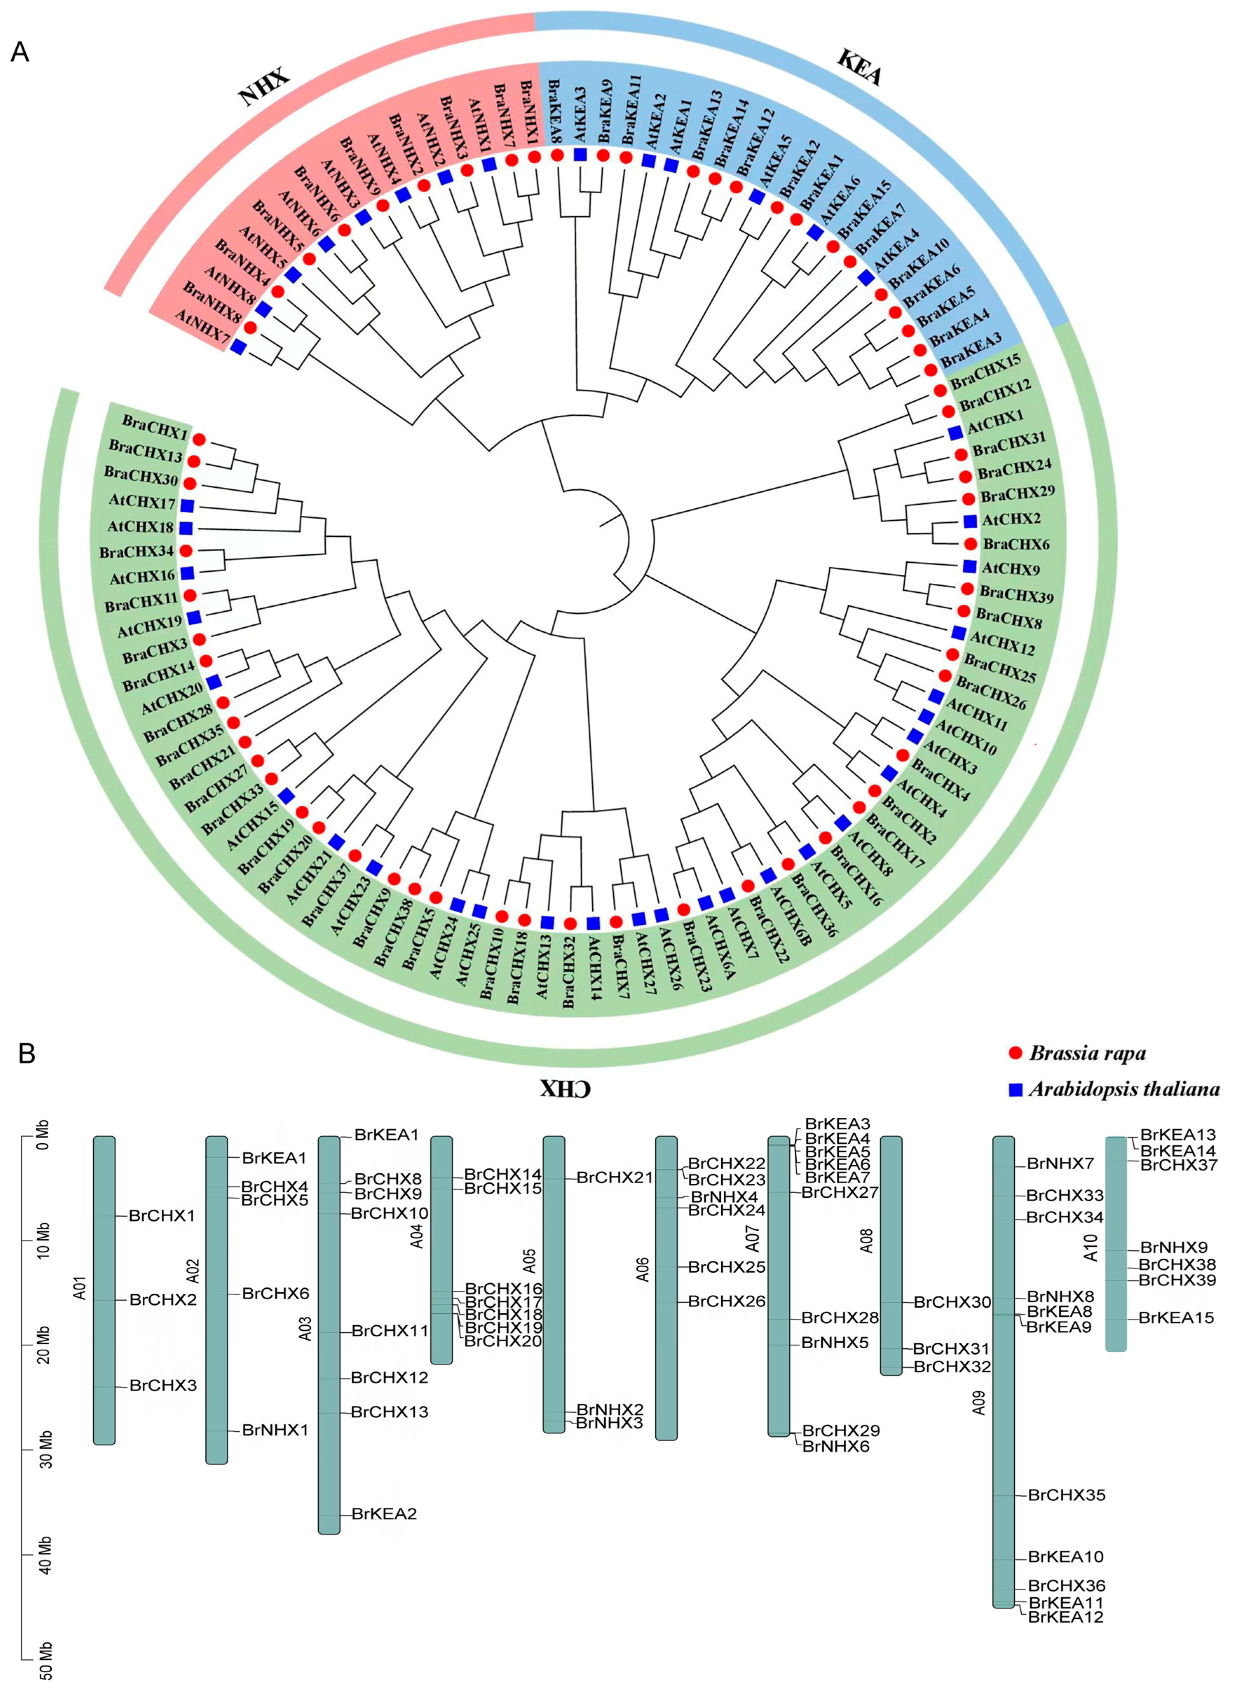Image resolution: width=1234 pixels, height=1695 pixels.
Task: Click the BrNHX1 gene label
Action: coord(274,1430)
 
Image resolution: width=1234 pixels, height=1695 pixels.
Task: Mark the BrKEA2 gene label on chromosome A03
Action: coord(384,1514)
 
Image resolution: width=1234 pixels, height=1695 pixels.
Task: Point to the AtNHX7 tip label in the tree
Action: coord(202,328)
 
